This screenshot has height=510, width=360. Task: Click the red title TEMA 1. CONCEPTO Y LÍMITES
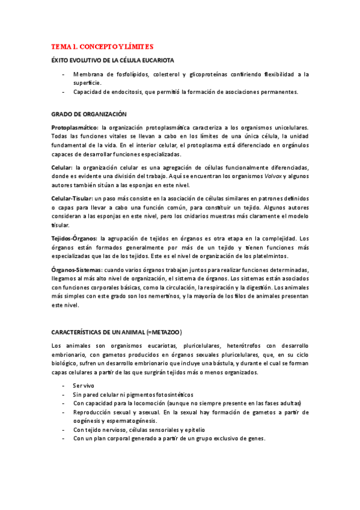tap(102, 46)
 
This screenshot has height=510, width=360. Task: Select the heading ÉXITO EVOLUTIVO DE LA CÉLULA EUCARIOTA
tap(113, 61)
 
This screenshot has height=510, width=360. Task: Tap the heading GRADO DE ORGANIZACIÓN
tap(88, 114)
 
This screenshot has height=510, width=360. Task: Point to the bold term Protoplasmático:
tap(75, 127)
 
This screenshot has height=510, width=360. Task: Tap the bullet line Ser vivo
tap(83, 386)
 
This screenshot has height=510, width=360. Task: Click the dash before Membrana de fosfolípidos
tap(64, 75)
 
